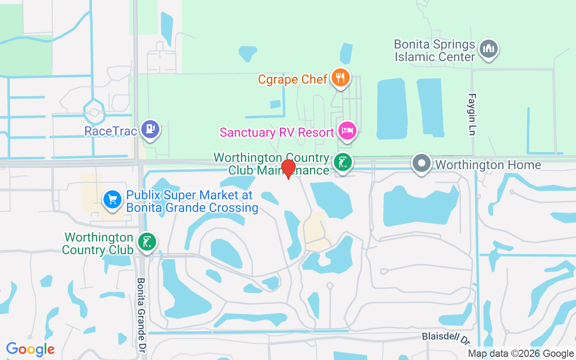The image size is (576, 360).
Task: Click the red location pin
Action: pos(288,168)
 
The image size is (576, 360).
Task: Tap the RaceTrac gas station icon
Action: pos(150,130)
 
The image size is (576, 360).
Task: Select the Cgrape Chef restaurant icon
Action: pos(341,78)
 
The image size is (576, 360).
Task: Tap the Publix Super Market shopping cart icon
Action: pos(112,199)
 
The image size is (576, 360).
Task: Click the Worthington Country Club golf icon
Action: pos(147,242)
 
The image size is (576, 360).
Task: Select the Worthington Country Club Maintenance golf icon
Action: pos(342,162)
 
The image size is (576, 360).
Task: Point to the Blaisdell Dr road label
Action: pos(445,337)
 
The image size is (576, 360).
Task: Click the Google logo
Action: pos(31,349)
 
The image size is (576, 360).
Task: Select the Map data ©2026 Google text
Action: pos(521,354)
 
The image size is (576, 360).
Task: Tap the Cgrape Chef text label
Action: pos(292,80)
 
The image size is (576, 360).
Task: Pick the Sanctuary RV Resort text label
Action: pos(277,132)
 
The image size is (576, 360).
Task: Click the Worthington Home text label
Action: pos(488,165)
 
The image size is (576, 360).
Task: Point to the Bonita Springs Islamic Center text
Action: pos(435,50)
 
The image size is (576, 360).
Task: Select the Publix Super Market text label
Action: pos(192,201)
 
